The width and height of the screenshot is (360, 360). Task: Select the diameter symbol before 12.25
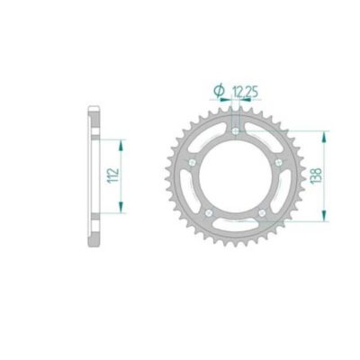pyautogui.click(x=218, y=89)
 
